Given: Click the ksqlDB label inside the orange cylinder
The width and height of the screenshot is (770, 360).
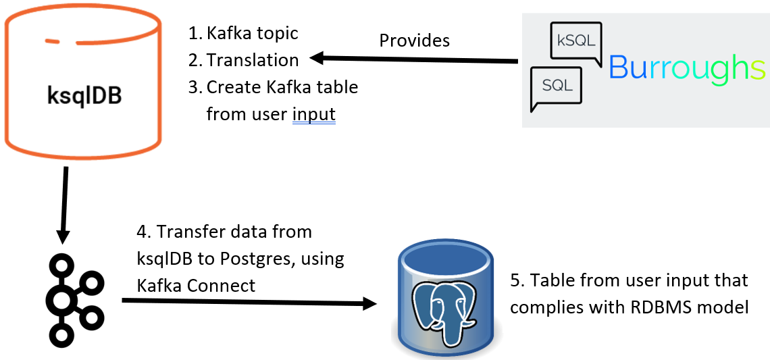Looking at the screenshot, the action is [84, 95].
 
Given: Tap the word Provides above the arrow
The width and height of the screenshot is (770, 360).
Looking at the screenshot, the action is [415, 41].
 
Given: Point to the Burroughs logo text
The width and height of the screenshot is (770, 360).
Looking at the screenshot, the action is [686, 68].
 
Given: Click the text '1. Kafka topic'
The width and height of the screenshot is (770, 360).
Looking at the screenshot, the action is [244, 33].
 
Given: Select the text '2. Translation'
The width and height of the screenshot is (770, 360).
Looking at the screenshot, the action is [244, 60].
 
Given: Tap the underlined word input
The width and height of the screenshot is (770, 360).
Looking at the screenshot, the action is [314, 114].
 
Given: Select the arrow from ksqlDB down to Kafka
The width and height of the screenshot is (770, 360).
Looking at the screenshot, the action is [65, 205].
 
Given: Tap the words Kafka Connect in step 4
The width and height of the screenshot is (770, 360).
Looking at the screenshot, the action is [197, 285].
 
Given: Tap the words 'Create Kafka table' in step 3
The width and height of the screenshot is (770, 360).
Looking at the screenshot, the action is [282, 87].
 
